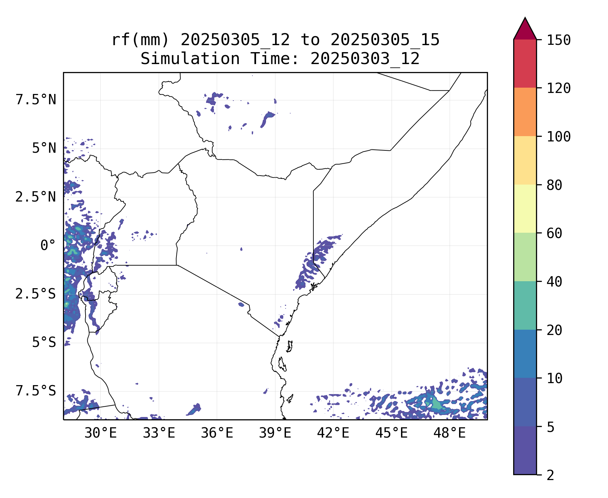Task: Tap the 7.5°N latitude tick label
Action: pos(36,100)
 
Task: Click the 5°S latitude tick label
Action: pos(44,343)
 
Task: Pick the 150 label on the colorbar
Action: pos(559,40)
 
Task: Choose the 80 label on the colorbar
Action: pos(554,185)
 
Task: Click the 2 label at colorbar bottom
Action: pos(550,475)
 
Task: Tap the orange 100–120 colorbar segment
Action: pos(525,112)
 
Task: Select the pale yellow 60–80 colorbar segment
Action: pos(525,208)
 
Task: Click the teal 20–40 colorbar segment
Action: pos(525,305)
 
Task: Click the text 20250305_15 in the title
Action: pos(385,40)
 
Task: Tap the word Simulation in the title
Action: pos(190,59)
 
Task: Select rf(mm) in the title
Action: pos(140,40)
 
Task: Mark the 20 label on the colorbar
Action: pos(554,330)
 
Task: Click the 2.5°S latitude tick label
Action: pos(35,294)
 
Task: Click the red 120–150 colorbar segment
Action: pos(525,63)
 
